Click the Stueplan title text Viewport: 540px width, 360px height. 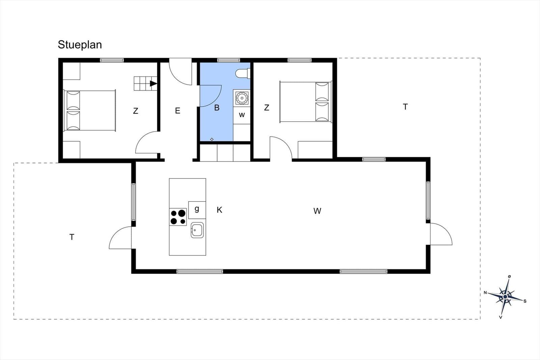click(x=80, y=45)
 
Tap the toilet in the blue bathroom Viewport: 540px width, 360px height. click(x=243, y=73)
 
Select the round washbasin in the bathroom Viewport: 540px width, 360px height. click(x=242, y=98)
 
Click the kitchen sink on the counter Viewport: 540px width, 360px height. click(x=197, y=230)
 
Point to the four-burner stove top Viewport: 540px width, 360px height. click(x=178, y=217)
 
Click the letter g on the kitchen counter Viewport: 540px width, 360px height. click(x=197, y=209)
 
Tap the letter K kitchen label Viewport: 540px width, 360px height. click(x=219, y=210)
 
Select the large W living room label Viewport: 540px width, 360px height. click(x=317, y=211)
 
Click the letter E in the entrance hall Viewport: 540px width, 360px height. click(x=178, y=111)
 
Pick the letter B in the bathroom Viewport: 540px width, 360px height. click(x=217, y=108)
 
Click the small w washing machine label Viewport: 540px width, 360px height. click(x=242, y=115)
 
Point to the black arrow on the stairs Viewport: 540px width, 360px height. click(x=153, y=84)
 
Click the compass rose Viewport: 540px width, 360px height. click(x=505, y=297)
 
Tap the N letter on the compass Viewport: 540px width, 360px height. click(x=485, y=293)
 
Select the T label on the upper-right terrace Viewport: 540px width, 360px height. click(x=405, y=107)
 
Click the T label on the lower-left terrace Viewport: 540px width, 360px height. click(x=72, y=237)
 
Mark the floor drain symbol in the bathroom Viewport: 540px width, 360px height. click(x=212, y=139)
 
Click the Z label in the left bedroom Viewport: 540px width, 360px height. click(x=135, y=111)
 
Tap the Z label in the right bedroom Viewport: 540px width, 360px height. click(x=266, y=108)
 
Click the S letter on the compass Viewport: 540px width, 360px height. click(x=525, y=301)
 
